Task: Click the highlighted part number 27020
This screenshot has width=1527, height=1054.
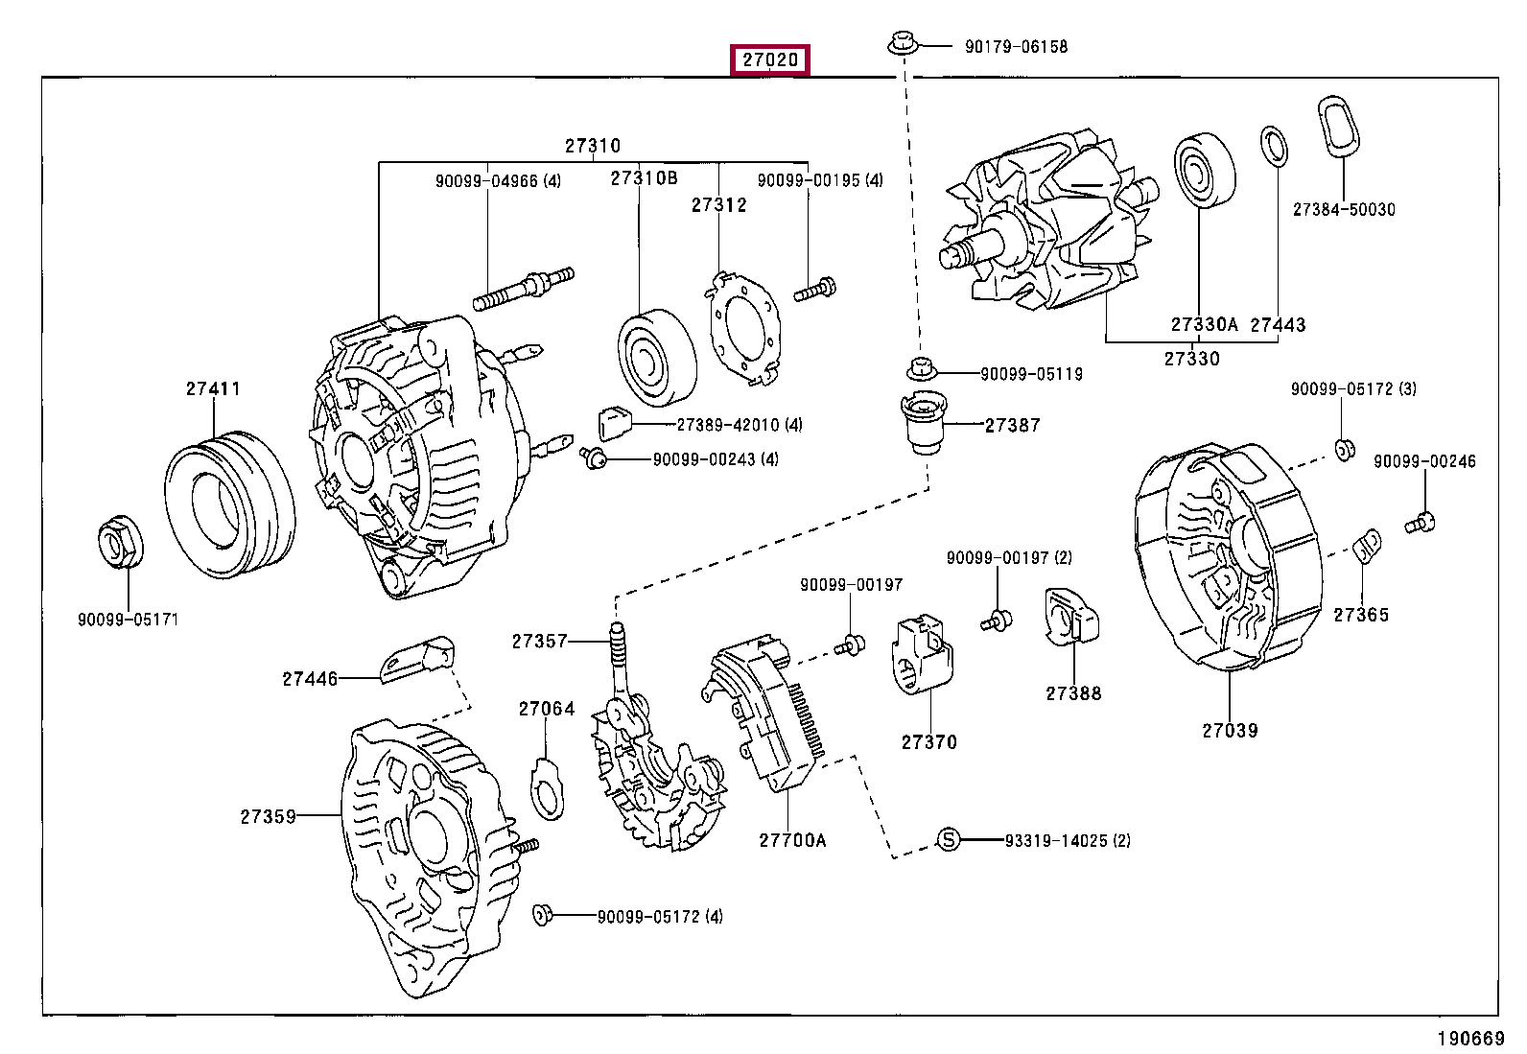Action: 769,60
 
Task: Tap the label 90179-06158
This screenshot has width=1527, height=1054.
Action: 1016,46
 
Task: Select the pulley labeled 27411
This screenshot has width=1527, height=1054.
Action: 230,504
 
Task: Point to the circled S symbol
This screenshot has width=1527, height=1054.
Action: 948,839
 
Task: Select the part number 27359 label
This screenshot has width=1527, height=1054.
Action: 268,816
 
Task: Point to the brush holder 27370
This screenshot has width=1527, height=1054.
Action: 922,654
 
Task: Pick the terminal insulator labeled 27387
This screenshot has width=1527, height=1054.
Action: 923,422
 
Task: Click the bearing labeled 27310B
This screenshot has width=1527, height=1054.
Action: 657,357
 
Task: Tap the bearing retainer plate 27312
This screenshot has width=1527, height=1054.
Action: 742,329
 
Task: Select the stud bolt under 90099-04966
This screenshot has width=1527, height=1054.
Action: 524,289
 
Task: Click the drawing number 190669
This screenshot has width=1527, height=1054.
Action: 1470,1039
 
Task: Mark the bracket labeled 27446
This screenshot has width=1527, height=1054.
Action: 417,659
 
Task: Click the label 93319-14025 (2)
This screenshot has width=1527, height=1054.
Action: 1068,840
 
